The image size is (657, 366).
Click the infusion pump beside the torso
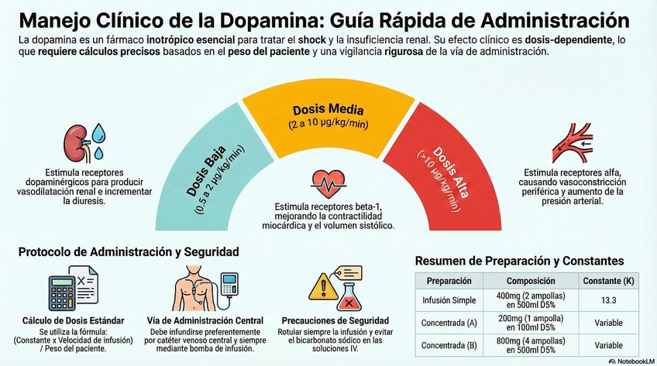[230, 285]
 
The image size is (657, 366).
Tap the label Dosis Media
[328, 111]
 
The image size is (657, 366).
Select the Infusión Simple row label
[449, 299]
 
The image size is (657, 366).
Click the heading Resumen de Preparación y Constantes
[519, 261]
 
